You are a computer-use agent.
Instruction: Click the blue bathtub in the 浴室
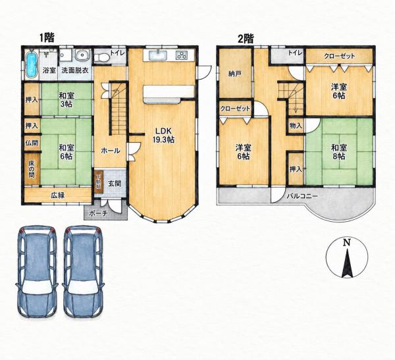click(32, 64)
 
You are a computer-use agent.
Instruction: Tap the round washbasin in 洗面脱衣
click(82, 55)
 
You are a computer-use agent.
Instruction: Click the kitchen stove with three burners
click(182, 55)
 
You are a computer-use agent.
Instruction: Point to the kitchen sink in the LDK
click(157, 55)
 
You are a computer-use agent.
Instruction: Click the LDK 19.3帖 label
click(163, 135)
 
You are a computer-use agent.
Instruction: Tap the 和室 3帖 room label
click(66, 100)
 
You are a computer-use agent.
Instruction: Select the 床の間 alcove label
click(32, 168)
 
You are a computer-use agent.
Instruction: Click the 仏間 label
click(32, 143)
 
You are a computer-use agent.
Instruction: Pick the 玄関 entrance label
click(115, 184)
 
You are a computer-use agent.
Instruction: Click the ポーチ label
click(99, 213)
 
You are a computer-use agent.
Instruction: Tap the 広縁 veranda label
click(58, 195)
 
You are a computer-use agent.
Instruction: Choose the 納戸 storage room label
click(235, 74)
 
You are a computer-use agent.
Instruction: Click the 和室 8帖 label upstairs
click(339, 152)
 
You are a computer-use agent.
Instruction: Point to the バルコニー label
click(303, 196)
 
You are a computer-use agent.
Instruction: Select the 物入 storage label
click(296, 125)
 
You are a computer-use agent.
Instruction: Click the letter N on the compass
click(347, 242)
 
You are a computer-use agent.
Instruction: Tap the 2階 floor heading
click(246, 39)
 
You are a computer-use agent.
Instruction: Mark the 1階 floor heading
click(47, 38)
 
